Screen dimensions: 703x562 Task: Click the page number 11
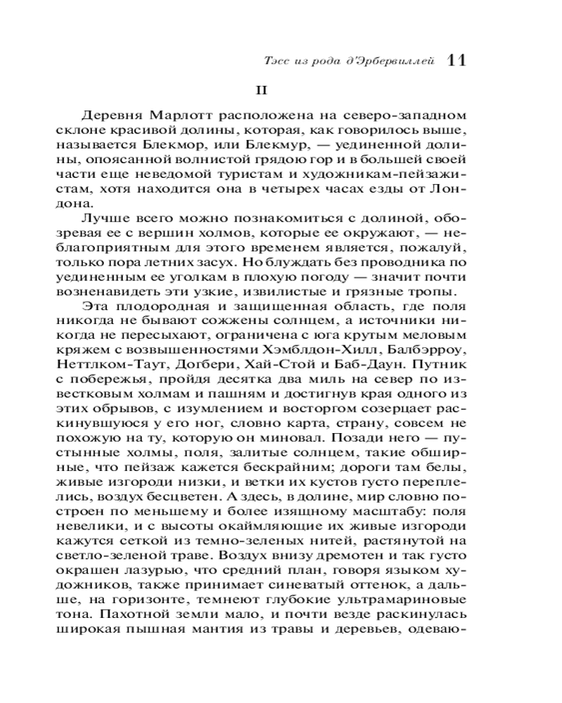tap(456, 60)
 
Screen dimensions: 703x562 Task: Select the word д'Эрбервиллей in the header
tap(395, 62)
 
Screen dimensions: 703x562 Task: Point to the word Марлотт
tap(174, 115)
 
